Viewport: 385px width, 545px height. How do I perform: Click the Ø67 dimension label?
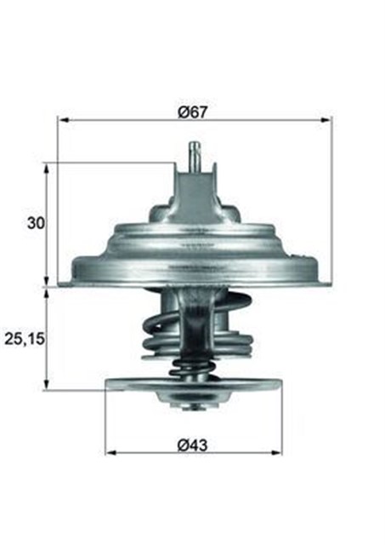click(x=194, y=110)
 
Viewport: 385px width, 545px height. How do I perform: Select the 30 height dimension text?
click(x=35, y=223)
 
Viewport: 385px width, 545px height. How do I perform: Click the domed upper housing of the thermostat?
click(x=194, y=243)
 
